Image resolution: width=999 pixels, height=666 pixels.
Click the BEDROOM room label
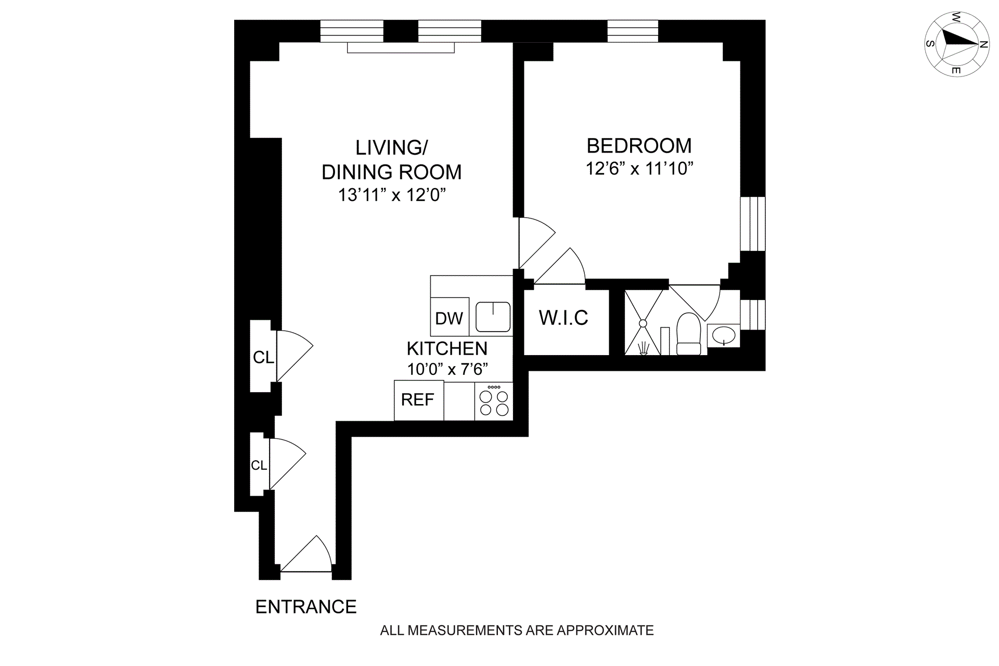639,146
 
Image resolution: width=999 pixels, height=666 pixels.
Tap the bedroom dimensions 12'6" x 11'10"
639,169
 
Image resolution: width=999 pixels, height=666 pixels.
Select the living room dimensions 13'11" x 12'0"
392,195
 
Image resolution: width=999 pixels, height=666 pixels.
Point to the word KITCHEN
447,348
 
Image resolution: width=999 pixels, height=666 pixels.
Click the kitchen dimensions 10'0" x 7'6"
447,369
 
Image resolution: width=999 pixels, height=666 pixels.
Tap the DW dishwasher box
449,318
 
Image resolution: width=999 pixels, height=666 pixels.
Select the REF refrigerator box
418,400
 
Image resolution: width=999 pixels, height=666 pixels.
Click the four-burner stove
494,402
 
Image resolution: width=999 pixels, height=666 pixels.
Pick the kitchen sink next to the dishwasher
493,317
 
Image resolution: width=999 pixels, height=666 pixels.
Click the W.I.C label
563,318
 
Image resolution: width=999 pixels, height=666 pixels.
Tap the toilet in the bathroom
688,335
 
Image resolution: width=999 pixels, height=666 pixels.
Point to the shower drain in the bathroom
643,323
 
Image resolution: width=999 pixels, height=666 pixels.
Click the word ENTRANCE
306,607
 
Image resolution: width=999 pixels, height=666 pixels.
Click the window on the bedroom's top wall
633,31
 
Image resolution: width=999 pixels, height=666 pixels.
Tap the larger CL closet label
263,357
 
